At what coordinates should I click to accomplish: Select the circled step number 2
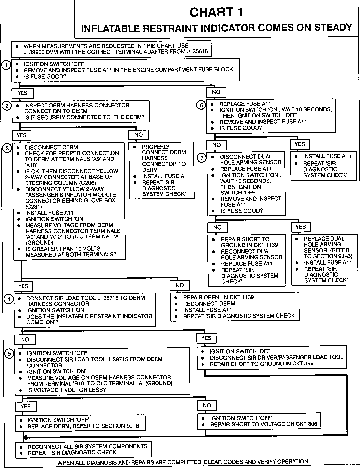pyautogui.click(x=7, y=106)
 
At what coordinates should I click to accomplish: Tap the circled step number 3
pyautogui.click(x=7, y=148)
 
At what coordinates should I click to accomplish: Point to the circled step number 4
pyautogui.click(x=9, y=299)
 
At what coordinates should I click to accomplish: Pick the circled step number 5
pyautogui.click(x=9, y=354)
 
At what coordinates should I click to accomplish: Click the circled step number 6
pyautogui.click(x=201, y=105)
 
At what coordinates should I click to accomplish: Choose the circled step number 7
pyautogui.click(x=202, y=158)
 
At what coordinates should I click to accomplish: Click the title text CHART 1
pyautogui.click(x=216, y=12)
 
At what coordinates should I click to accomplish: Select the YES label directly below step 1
pyautogui.click(x=22, y=93)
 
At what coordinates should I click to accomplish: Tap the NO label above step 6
pyautogui.click(x=216, y=92)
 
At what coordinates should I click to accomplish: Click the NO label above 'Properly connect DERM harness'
pyautogui.click(x=138, y=135)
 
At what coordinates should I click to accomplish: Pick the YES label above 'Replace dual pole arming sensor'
pyautogui.click(x=300, y=227)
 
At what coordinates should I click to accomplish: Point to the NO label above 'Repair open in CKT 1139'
pyautogui.click(x=180, y=285)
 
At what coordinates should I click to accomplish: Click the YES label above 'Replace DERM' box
pyautogui.click(x=25, y=407)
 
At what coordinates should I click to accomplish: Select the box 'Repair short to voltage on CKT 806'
pyautogui.click(x=259, y=421)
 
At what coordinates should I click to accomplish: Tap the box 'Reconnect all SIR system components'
pyautogui.click(x=83, y=449)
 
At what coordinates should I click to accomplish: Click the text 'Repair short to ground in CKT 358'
pyautogui.click(x=262, y=364)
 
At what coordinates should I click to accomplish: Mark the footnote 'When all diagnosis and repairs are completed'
pyautogui.click(x=183, y=462)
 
